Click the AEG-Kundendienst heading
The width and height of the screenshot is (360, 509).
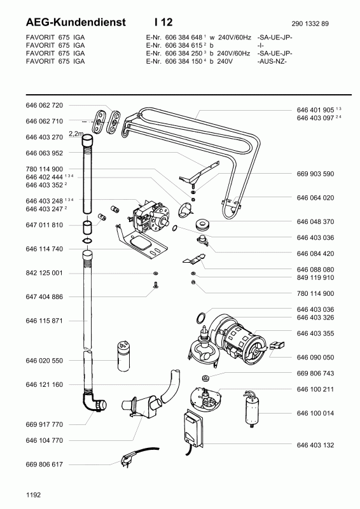coord(76,22)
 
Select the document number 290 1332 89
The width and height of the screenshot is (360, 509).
coord(310,24)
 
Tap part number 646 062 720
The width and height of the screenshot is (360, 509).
coord(44,105)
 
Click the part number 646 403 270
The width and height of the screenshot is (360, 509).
coord(44,137)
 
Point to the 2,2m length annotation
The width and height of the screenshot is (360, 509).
coord(76,134)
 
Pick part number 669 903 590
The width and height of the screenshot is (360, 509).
coord(315,174)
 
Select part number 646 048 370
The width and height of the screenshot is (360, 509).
coord(315,221)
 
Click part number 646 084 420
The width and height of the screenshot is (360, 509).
coord(315,253)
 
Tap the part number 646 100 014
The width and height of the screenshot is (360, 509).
coord(315,413)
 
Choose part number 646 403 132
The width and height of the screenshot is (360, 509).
coord(315,445)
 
